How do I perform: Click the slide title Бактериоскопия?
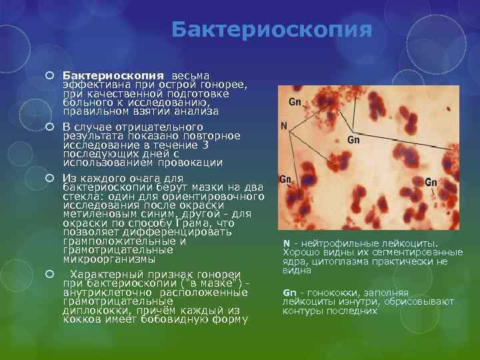tap(271, 29)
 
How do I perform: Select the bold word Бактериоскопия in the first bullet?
tap(112, 77)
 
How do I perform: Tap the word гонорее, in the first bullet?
tap(225, 85)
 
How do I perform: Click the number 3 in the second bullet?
tap(205, 145)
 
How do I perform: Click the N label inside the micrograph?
tap(284, 125)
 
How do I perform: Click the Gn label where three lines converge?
tap(353, 140)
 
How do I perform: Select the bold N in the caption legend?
tap(286, 244)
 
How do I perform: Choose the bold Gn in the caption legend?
tap(289, 293)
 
